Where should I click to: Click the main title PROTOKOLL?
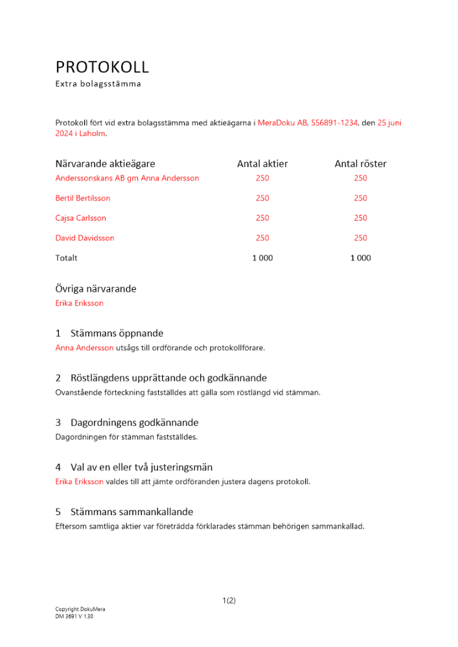click(x=102, y=67)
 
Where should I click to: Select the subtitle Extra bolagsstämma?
click(x=98, y=84)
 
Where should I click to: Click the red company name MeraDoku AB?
click(x=282, y=122)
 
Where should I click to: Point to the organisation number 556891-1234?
click(x=334, y=122)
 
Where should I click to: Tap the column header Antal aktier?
click(x=262, y=164)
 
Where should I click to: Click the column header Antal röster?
click(x=360, y=164)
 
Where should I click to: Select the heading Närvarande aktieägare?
click(x=105, y=164)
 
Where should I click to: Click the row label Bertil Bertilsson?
click(x=83, y=198)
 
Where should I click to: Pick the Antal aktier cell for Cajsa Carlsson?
click(x=262, y=218)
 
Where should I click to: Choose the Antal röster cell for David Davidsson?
click(x=360, y=238)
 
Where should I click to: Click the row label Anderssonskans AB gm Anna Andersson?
click(x=127, y=178)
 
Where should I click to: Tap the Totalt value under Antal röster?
click(x=360, y=258)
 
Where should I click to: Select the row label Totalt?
click(x=66, y=258)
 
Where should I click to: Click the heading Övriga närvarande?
click(x=96, y=289)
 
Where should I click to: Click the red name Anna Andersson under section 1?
click(x=84, y=347)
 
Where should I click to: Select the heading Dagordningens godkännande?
click(x=134, y=422)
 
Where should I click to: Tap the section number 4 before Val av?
click(x=58, y=467)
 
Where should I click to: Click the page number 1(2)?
click(x=229, y=600)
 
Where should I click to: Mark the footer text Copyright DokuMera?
click(x=80, y=609)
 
